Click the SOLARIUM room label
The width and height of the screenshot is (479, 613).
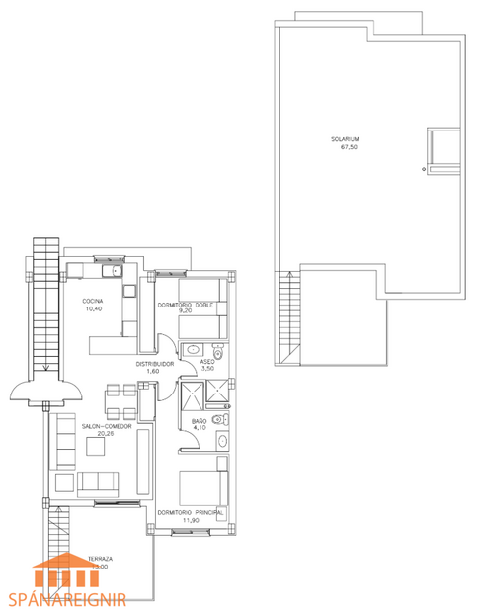(x=345, y=139)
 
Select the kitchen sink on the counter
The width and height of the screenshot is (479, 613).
(x=117, y=270)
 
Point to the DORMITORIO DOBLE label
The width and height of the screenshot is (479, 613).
(x=186, y=305)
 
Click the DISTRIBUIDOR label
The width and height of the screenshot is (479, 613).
(x=154, y=364)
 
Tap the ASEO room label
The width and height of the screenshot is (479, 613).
(x=207, y=363)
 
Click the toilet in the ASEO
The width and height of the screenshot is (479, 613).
(x=218, y=351)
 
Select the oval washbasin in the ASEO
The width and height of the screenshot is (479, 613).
(x=193, y=349)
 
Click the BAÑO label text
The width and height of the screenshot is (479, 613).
(x=200, y=421)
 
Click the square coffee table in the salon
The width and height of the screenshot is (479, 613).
(x=96, y=446)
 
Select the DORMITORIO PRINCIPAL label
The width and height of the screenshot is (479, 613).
(x=190, y=511)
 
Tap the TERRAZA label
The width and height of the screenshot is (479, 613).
(x=101, y=559)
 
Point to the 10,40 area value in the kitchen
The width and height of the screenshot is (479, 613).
(x=95, y=308)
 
